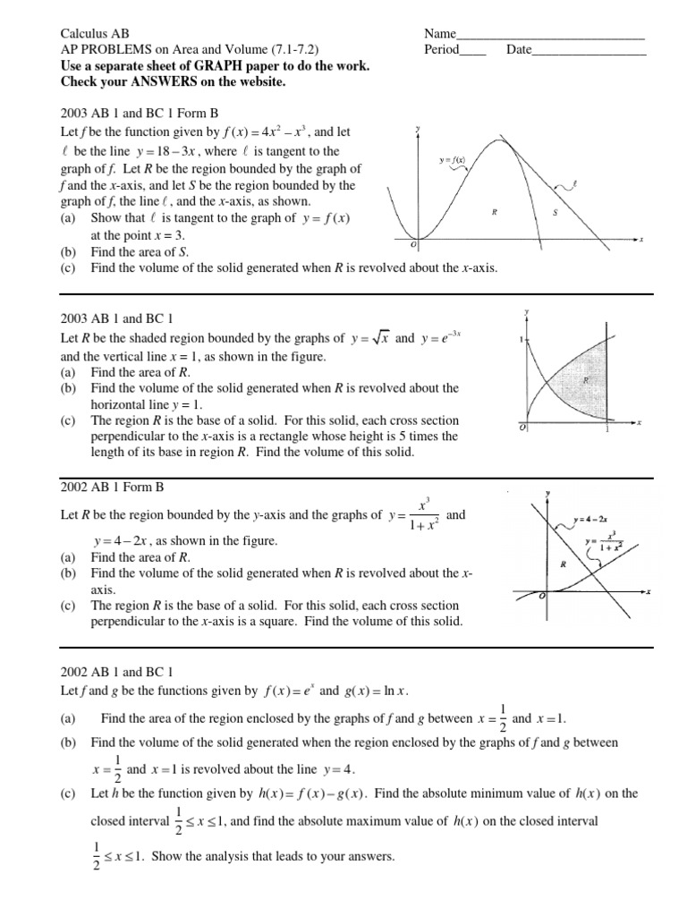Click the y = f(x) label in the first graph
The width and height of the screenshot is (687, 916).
point(452,159)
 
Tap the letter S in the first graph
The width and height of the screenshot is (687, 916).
point(555,212)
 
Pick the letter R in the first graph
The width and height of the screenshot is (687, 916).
point(494,212)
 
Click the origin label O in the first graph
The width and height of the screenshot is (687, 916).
point(414,245)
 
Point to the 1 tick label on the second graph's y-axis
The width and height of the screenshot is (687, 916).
point(520,341)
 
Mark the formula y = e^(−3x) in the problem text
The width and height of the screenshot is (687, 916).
point(439,338)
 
